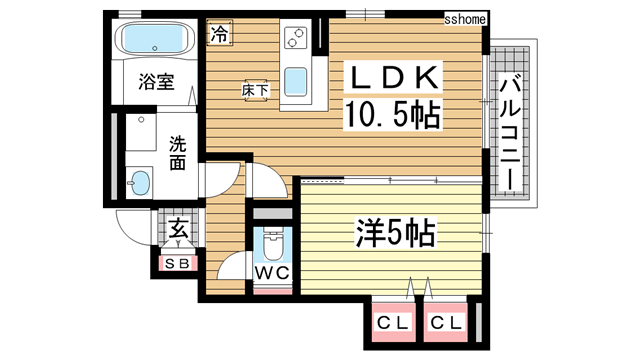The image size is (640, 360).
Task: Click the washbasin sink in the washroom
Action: [x=140, y=183]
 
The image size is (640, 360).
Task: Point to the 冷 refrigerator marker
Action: [x=219, y=34]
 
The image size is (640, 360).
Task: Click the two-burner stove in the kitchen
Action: [x=296, y=39]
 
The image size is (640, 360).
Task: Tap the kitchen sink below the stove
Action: [x=296, y=79]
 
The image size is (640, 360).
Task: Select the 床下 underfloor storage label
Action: [x=254, y=90]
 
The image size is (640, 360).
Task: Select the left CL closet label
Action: [x=390, y=323]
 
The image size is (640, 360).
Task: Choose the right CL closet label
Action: [x=447, y=323]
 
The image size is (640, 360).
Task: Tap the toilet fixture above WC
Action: [x=270, y=242]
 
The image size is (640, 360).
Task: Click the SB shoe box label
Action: [x=176, y=264]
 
